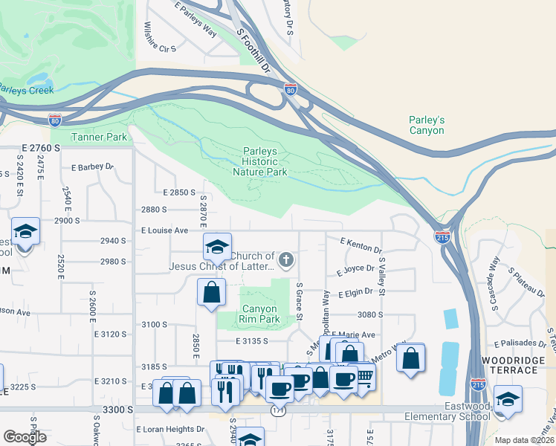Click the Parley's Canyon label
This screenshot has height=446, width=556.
coord(427,125)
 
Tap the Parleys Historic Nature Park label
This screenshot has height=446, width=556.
coord(259,161)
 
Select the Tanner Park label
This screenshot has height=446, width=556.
coord(99,137)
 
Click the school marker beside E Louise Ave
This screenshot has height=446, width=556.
coord(218,245)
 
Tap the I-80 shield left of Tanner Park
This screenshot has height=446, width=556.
coord(55,119)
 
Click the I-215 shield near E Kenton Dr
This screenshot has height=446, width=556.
coord(442,237)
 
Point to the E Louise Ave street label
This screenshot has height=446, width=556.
coord(165,230)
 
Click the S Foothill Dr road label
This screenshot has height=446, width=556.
coord(252,51)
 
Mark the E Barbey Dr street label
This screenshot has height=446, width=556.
coord(92,167)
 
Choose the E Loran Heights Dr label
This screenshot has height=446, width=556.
coord(170,429)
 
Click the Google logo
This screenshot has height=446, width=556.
coord(25,437)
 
